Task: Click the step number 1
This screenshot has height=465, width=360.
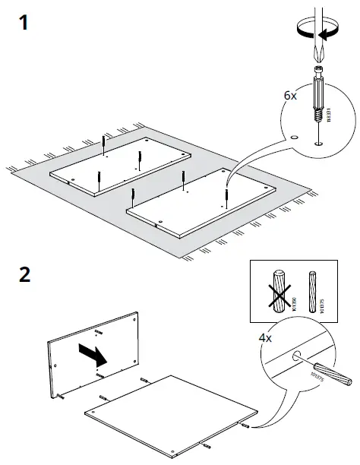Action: coord(26,23)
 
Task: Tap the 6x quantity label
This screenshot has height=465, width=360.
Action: coord(290,96)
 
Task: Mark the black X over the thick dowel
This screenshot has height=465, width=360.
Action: coord(277,293)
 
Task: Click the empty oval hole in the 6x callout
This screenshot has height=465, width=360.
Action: coord(293,138)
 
